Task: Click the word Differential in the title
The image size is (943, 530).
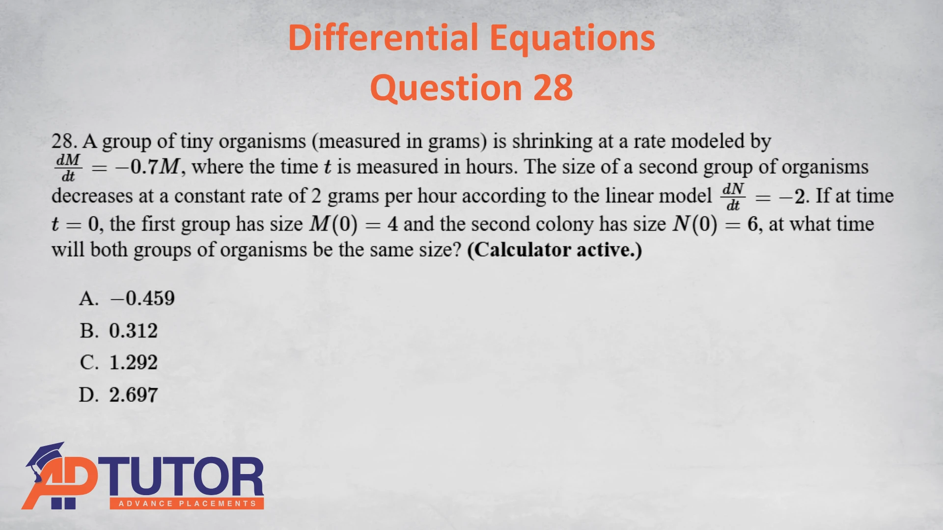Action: point(383,38)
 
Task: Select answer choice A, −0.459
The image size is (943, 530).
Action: point(127,298)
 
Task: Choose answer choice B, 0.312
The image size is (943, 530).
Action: point(118,331)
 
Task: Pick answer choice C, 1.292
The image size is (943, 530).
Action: point(118,363)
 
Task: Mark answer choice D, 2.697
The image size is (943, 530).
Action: point(118,395)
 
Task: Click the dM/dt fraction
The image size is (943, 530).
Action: point(68,168)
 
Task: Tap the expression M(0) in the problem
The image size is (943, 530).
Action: point(333,224)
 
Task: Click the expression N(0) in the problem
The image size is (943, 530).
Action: point(695,224)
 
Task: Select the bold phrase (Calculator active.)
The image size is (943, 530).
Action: point(555,250)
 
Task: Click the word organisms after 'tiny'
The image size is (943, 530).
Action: point(262,142)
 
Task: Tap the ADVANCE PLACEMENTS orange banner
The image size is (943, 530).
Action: point(187,503)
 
